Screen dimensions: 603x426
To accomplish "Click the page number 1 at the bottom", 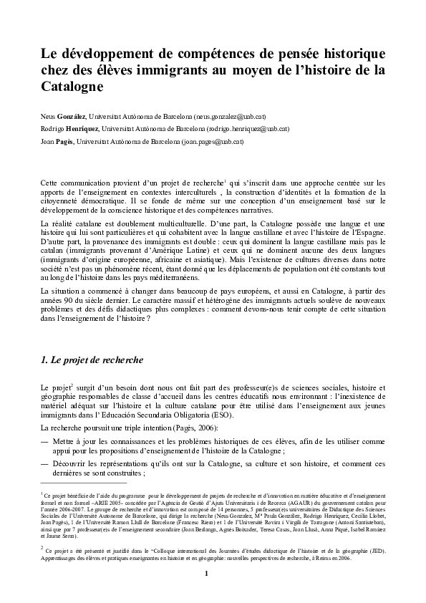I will (207, 572).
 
